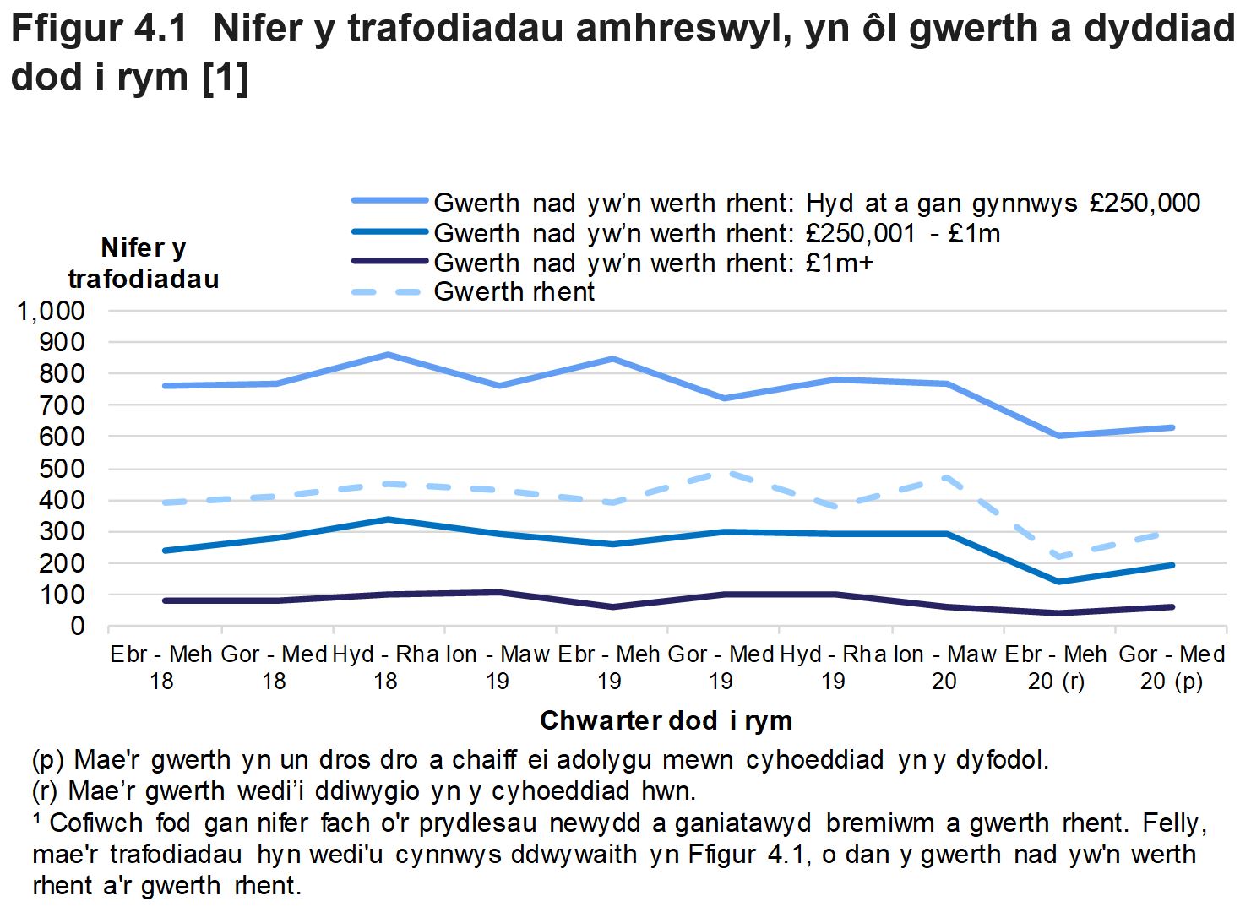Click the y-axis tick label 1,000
[x=51, y=311]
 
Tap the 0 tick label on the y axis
[x=77, y=627]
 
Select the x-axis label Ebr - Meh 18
[x=161, y=667]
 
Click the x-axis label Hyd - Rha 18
[x=385, y=667]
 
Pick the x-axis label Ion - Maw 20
[x=944, y=667]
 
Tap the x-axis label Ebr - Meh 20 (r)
[x=1056, y=667]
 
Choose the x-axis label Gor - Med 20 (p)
[x=1171, y=667]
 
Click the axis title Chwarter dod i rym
[x=666, y=720]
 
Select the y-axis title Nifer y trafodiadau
[x=143, y=263]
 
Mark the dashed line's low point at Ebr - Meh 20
[x=1059, y=557]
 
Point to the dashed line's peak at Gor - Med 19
[x=723, y=473]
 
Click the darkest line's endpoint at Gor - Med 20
[x=1172, y=606]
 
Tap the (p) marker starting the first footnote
[x=47, y=760]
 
